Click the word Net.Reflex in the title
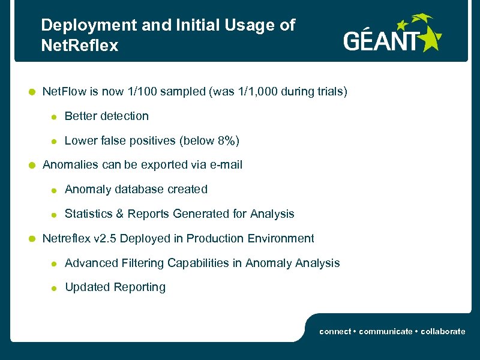click(80, 46)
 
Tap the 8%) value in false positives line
click(228, 140)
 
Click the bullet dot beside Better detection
click(53, 117)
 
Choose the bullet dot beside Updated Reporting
click(53, 288)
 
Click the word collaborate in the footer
click(443, 331)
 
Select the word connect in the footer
click(335, 331)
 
